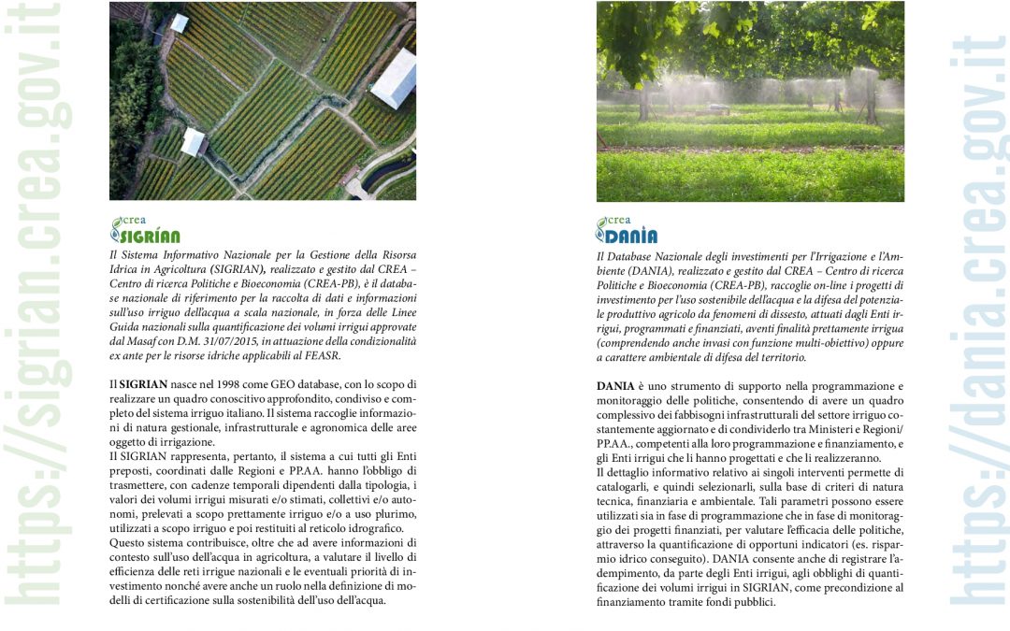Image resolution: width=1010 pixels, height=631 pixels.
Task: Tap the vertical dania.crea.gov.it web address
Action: (976, 318)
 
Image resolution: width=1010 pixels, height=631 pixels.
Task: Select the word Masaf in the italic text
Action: (150, 342)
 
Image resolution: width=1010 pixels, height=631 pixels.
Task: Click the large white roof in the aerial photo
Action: (395, 78)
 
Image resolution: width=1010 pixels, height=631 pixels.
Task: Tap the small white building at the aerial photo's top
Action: (179, 22)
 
